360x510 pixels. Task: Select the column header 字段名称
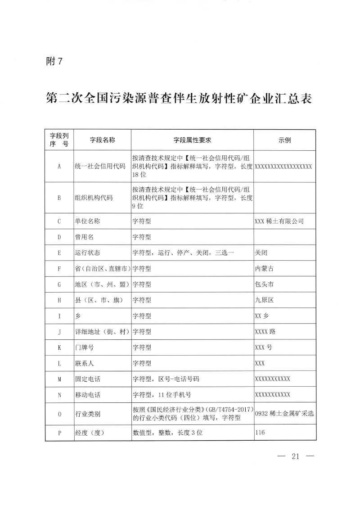103,140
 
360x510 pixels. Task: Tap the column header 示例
284,140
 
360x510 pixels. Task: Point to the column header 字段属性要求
192,140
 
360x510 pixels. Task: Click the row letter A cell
59,166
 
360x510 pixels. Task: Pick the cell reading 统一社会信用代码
100,166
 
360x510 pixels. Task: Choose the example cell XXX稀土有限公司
279,221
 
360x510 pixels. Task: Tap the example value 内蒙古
264,268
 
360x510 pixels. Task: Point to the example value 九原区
264,300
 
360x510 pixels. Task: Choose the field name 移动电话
87,395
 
